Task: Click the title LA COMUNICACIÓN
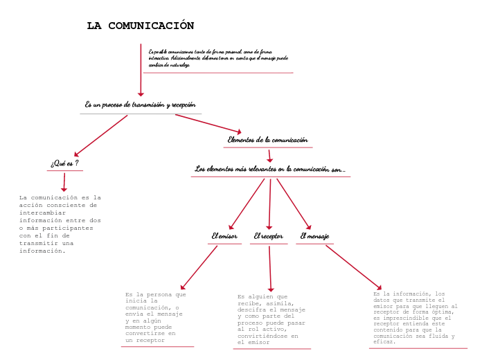click(x=141, y=26)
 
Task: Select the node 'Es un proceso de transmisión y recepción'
click(x=141, y=105)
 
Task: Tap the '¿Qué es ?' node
click(x=64, y=163)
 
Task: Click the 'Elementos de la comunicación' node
click(x=268, y=140)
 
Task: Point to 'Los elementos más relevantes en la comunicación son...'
click(x=270, y=169)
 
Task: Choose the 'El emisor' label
click(x=224, y=236)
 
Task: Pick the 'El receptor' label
click(x=268, y=236)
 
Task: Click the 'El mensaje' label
click(x=314, y=236)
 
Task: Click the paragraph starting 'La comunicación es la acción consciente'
click(x=60, y=224)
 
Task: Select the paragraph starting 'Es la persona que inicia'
click(x=156, y=317)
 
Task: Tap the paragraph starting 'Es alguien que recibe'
click(x=271, y=319)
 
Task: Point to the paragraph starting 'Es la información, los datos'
click(x=416, y=318)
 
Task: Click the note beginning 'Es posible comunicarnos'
click(x=218, y=57)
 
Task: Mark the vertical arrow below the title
click(x=141, y=69)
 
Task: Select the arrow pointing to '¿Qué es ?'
click(x=101, y=136)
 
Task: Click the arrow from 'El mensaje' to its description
click(x=353, y=267)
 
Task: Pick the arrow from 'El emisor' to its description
click(x=199, y=267)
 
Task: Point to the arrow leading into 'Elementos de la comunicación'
click(x=208, y=123)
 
